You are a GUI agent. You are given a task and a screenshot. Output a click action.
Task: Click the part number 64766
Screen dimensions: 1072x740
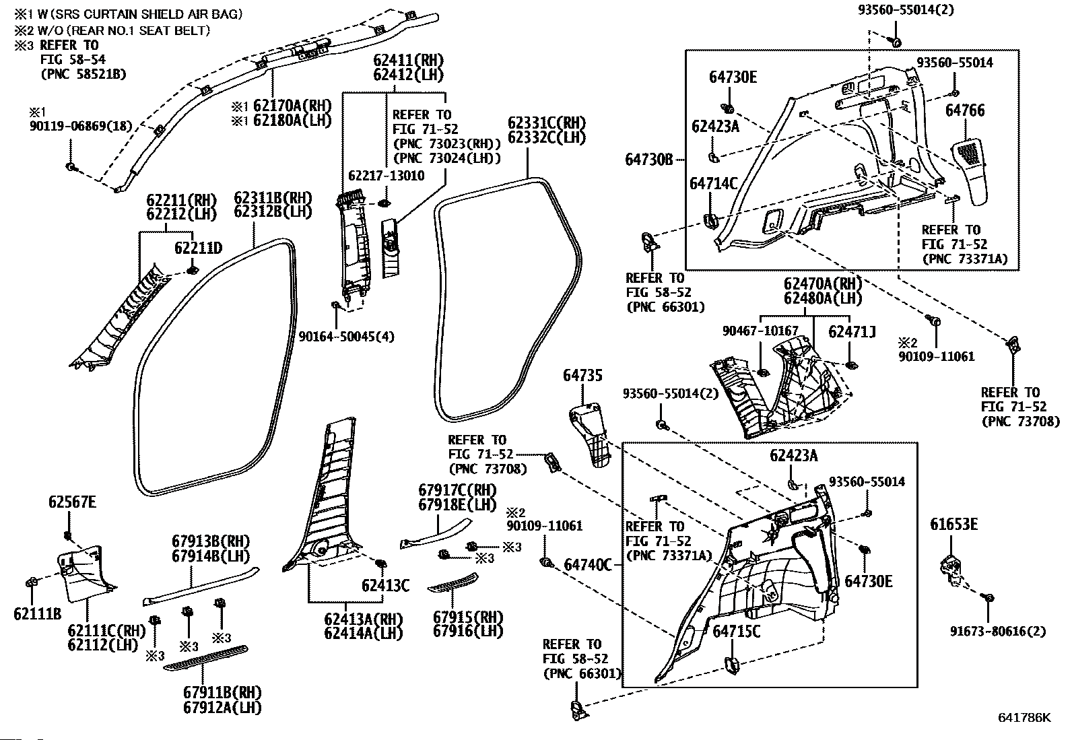click(x=965, y=110)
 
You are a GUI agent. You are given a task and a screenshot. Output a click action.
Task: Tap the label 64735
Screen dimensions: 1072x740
click(x=582, y=376)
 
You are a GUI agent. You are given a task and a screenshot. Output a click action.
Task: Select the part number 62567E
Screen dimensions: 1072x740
click(x=72, y=502)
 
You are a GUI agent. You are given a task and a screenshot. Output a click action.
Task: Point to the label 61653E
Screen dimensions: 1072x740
click(x=953, y=525)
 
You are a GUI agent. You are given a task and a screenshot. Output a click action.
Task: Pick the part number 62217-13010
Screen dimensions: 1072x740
click(x=387, y=176)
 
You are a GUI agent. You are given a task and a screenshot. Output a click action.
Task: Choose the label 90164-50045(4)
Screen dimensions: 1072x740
click(x=347, y=337)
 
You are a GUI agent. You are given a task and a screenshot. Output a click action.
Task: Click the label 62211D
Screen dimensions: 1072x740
click(x=198, y=248)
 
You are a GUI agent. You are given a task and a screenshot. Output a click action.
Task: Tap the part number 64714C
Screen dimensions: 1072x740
click(x=714, y=183)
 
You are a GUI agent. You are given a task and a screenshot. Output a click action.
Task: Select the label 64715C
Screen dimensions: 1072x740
click(x=737, y=632)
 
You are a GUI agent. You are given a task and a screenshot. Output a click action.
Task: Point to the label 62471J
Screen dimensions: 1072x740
click(x=852, y=332)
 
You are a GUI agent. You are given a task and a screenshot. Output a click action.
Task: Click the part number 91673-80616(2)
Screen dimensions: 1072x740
click(x=998, y=632)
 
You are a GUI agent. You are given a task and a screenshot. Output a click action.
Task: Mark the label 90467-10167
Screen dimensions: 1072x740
click(x=760, y=331)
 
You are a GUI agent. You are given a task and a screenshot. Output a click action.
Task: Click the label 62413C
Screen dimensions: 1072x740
click(x=385, y=585)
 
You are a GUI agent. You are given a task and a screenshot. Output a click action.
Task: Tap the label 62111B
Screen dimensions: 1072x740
click(x=37, y=613)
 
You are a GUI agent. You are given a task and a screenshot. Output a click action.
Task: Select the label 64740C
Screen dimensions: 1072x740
click(x=588, y=565)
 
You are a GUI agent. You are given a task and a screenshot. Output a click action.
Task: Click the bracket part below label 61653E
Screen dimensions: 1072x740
click(x=952, y=570)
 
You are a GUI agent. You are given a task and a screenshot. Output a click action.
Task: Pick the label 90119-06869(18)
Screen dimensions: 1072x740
click(x=81, y=127)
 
